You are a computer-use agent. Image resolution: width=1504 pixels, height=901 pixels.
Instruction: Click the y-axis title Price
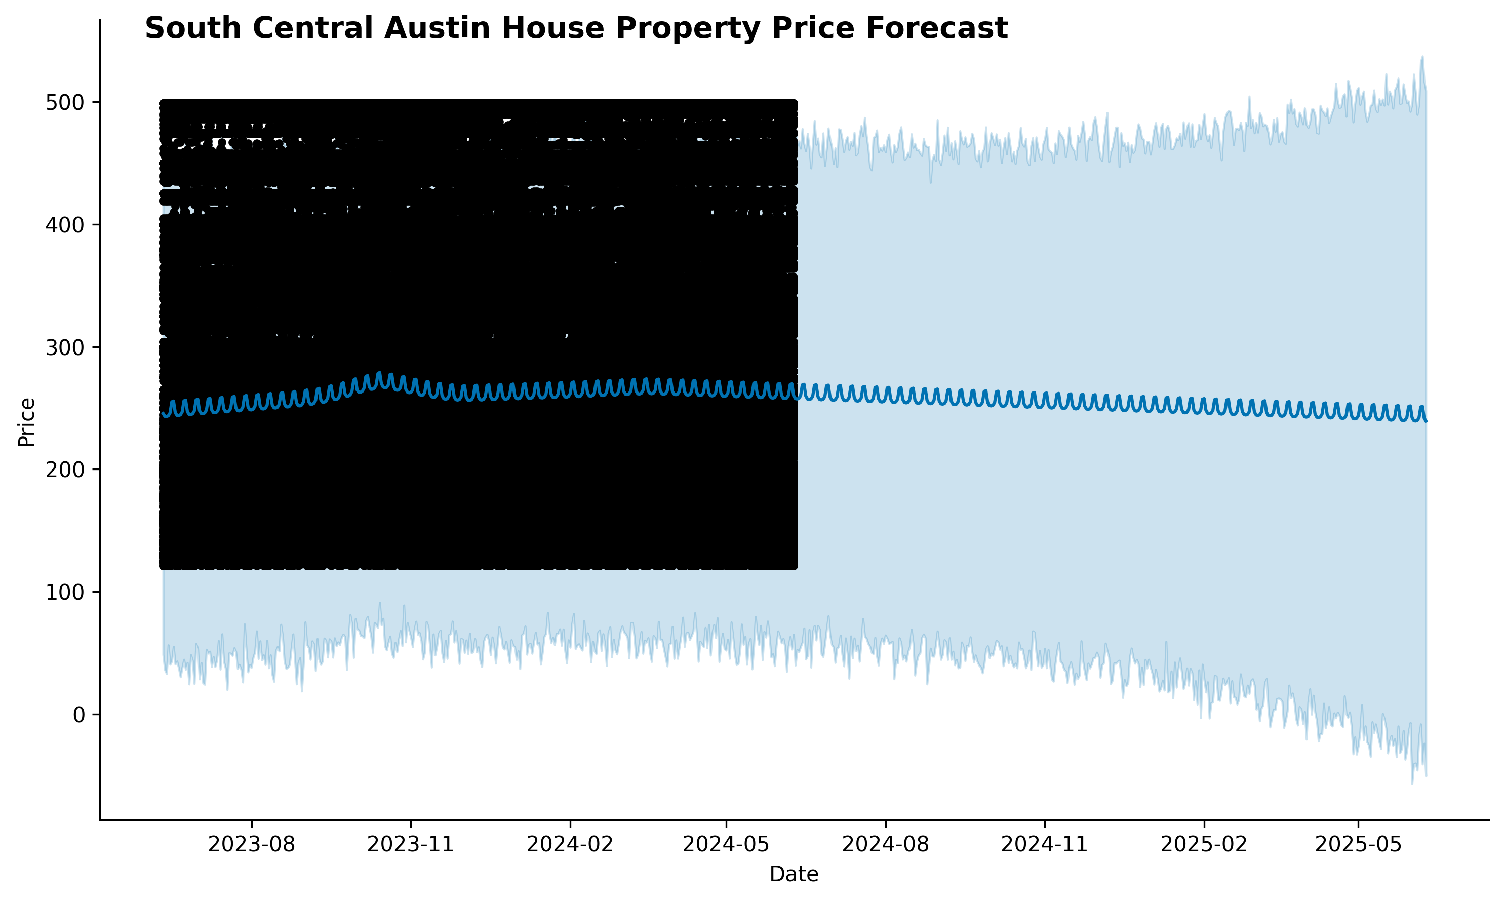(x=27, y=422)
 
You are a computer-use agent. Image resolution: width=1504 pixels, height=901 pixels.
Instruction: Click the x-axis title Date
(x=794, y=874)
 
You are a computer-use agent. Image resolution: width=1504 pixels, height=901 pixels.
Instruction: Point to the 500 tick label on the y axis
(x=64, y=103)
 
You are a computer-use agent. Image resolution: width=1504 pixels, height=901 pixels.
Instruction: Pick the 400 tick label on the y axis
(x=64, y=225)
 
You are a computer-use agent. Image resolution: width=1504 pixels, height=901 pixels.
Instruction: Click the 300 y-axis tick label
(x=64, y=348)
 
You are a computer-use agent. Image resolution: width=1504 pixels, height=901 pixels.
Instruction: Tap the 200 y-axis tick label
(x=64, y=470)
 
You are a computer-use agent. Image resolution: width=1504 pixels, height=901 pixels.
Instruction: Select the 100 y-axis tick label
(x=64, y=593)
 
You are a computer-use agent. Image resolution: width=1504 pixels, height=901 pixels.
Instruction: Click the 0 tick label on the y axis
(x=78, y=715)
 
